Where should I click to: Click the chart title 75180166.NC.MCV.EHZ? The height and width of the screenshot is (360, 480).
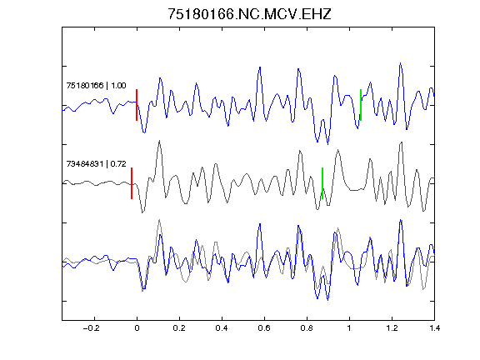[x=249, y=14]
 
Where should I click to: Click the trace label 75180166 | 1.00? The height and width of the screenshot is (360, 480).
[x=96, y=85]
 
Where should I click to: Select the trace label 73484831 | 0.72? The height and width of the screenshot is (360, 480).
[x=96, y=164]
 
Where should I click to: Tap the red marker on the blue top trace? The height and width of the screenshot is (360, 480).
[x=137, y=105]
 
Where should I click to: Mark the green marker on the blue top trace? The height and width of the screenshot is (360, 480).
[x=361, y=105]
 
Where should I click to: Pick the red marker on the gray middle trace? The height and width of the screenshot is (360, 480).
[x=132, y=183]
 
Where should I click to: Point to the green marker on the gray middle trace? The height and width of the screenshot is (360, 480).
[x=322, y=183]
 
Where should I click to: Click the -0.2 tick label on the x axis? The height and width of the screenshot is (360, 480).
[x=91, y=328]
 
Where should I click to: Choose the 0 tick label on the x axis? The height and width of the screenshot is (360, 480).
[x=137, y=328]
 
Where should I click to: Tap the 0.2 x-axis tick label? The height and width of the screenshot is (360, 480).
[x=179, y=328]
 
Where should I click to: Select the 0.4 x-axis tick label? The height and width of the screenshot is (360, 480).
[x=222, y=328]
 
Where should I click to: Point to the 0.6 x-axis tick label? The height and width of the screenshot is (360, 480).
[x=264, y=328]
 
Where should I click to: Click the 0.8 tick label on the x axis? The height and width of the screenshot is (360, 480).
[x=307, y=328]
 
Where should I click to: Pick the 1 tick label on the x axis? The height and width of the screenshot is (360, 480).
[x=349, y=328]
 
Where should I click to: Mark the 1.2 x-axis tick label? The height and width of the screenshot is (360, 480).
[x=392, y=328]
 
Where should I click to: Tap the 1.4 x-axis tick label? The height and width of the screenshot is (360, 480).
[x=434, y=328]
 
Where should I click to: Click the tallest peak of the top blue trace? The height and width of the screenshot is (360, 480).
[x=400, y=63]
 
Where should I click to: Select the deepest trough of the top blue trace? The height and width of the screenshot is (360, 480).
[x=327, y=144]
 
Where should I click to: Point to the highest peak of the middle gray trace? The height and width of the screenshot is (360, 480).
[x=159, y=141]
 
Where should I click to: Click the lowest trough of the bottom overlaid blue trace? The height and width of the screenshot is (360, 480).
[x=327, y=300]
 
